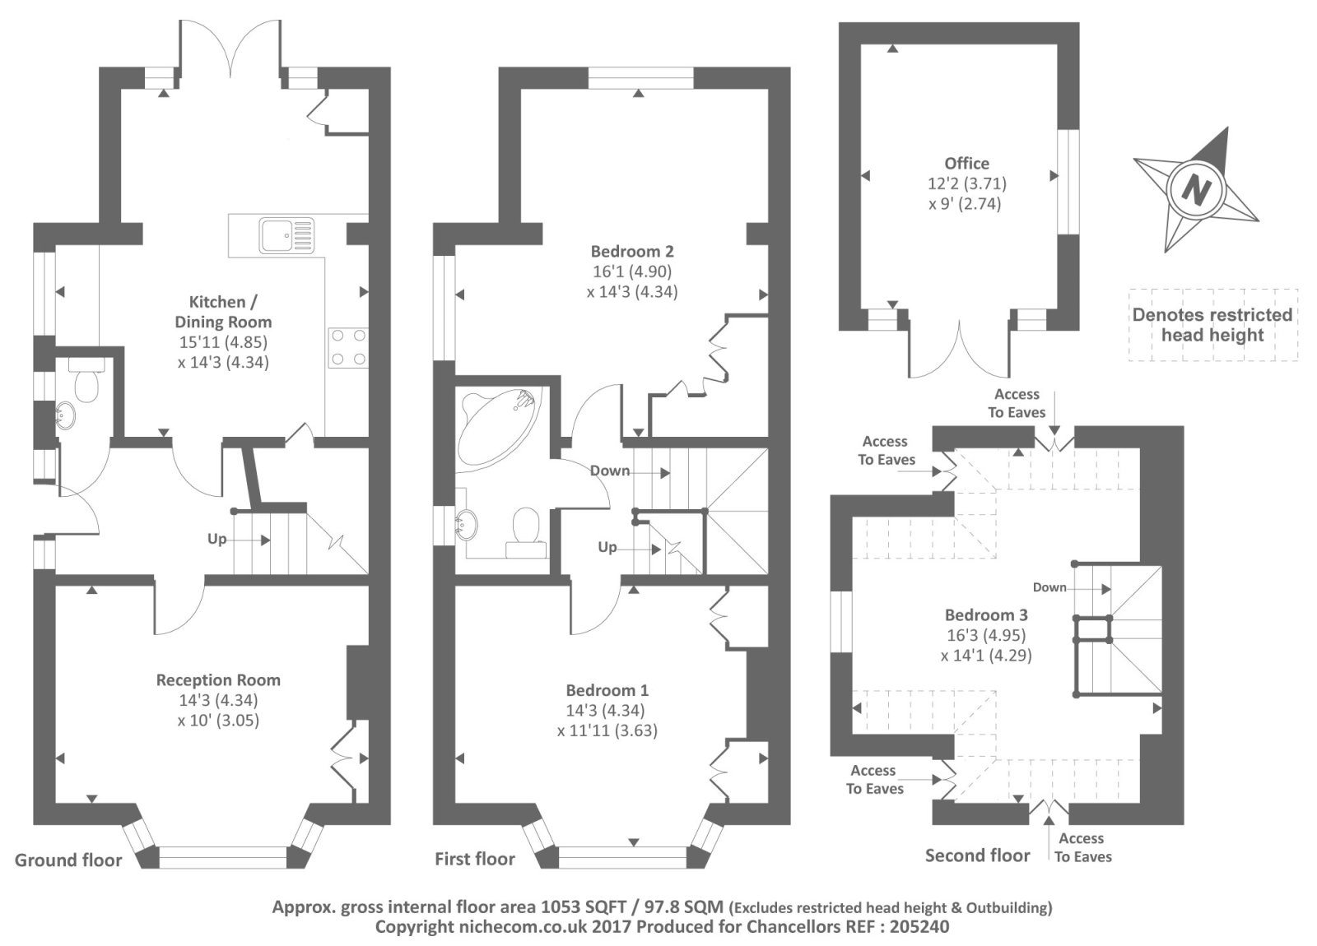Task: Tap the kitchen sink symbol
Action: tap(286, 234)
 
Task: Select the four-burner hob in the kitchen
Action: tap(347, 347)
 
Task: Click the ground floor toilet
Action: tap(85, 382)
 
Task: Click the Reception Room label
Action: tap(218, 680)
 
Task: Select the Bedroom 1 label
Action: tap(607, 690)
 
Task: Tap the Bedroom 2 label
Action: tap(631, 252)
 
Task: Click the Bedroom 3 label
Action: tap(986, 615)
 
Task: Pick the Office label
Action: tap(966, 163)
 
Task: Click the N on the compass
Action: tap(1195, 190)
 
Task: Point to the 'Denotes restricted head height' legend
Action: tap(1212, 325)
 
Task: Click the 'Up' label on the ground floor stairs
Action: tap(216, 539)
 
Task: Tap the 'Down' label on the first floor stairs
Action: tap(610, 471)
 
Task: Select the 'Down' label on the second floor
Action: tap(1049, 587)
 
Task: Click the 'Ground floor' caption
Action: tap(68, 860)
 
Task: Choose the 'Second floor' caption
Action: tap(977, 856)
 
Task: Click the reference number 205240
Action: tap(919, 927)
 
